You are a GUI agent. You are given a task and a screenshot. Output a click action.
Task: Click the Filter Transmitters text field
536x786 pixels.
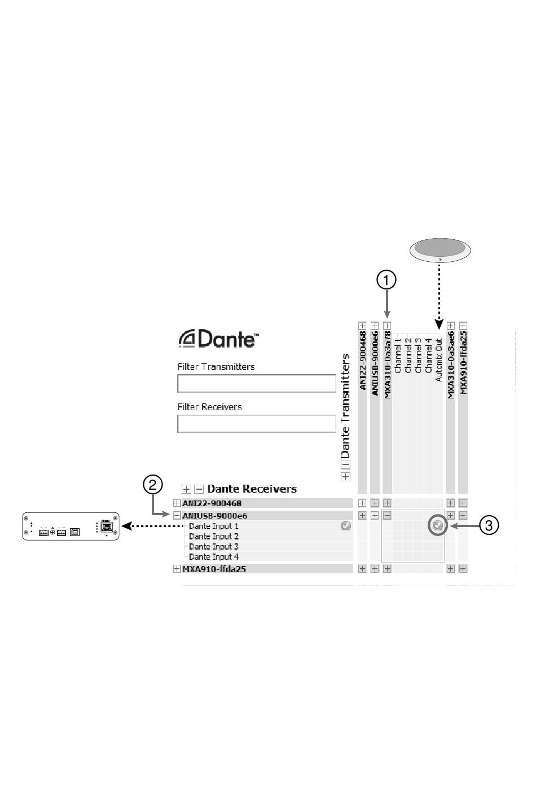click(257, 384)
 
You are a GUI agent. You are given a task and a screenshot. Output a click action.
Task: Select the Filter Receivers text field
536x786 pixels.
click(257, 424)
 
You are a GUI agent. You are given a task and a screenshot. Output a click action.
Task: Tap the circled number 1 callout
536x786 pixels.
click(386, 280)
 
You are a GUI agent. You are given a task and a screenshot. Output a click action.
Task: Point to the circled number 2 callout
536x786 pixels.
click(153, 485)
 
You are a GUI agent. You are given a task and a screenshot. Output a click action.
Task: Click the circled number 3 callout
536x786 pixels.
click(489, 525)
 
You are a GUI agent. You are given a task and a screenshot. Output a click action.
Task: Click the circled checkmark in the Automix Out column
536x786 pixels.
click(437, 525)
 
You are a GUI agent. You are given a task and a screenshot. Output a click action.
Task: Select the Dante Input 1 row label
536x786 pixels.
click(214, 526)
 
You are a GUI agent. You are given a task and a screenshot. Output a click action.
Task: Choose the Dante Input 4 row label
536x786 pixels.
click(214, 557)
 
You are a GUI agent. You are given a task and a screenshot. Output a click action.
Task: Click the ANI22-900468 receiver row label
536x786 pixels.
click(212, 503)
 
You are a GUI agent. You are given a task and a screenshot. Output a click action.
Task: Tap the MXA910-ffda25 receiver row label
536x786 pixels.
click(214, 569)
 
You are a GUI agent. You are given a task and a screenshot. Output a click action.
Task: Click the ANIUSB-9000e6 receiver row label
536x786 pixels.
click(214, 516)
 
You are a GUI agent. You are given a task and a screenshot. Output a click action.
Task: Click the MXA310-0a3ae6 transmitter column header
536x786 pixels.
click(451, 365)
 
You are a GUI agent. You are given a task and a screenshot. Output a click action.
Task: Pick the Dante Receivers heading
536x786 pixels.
click(252, 489)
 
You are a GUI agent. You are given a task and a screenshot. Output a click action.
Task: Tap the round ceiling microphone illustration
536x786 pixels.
click(440, 249)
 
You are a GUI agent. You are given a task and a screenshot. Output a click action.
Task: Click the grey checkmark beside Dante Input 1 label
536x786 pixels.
click(346, 526)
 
